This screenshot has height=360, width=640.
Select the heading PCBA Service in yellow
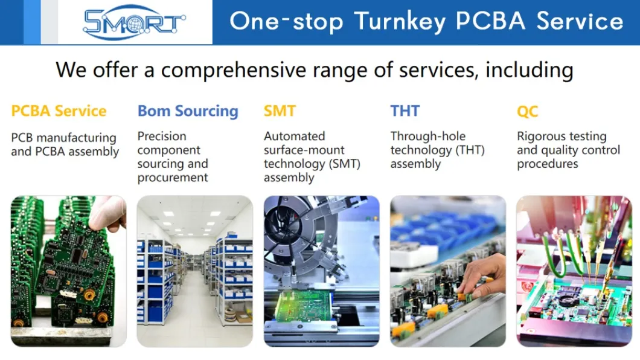point(59,111)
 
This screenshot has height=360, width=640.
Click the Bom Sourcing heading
point(188,111)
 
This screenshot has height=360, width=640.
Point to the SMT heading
point(280,111)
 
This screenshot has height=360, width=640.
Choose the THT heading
point(405,111)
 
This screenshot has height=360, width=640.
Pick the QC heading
point(527,112)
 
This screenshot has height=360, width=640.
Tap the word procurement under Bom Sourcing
point(173,178)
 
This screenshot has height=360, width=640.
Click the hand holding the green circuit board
point(109,214)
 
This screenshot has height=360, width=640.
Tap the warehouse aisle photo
point(194,272)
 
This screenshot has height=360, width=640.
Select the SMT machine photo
point(321,272)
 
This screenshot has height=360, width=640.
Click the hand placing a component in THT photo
point(486,275)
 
